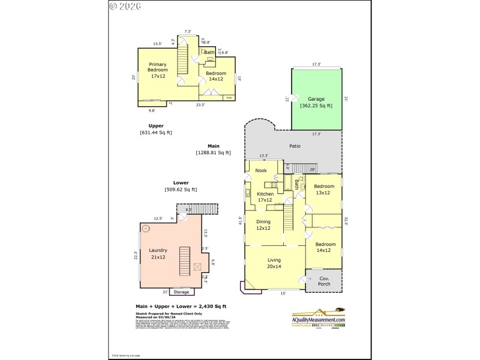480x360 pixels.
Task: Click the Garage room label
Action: click(316, 99)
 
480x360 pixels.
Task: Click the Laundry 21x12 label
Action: click(158, 254)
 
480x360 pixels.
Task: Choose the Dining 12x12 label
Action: click(263, 226)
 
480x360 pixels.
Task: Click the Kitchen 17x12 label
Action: click(265, 197)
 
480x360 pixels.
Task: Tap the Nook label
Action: click(261, 170)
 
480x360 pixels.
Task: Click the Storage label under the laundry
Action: click(181, 292)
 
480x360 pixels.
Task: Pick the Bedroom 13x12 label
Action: click(323, 190)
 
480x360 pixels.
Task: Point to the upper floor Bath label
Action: click(209, 53)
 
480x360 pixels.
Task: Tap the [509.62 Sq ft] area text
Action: click(181, 190)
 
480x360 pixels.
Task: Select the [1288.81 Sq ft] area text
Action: click(213, 152)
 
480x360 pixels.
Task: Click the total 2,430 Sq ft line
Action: click(181, 307)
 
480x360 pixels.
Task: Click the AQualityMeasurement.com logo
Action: click(318, 318)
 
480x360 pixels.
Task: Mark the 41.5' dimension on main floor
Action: click(241, 220)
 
